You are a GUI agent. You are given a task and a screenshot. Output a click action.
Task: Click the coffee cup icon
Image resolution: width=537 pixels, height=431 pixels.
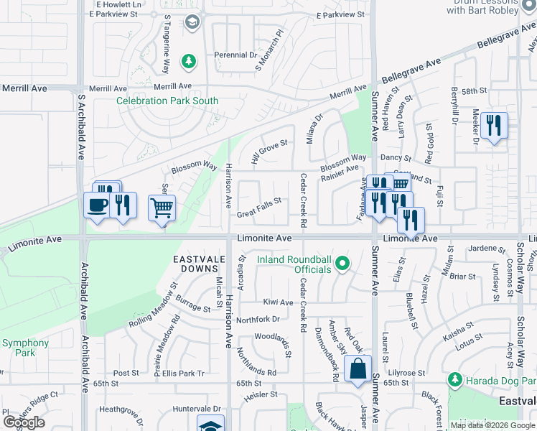[x=97, y=205]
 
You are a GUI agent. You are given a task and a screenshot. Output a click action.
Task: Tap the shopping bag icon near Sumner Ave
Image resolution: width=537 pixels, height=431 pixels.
[x=358, y=369]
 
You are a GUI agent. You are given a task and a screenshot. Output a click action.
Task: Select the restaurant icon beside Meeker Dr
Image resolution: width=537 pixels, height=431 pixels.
[x=494, y=126]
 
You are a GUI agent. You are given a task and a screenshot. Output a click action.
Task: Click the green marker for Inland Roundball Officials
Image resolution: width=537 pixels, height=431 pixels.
[x=342, y=264]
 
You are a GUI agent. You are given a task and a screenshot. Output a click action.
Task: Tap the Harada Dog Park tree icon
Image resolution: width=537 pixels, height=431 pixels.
[x=454, y=379]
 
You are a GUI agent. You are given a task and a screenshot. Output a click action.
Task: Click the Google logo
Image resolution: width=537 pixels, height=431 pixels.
[x=23, y=422]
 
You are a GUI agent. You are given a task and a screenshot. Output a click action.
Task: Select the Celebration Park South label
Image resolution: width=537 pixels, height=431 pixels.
[x=167, y=101]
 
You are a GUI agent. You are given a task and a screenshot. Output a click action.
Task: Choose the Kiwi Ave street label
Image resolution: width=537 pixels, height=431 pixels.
[x=278, y=302]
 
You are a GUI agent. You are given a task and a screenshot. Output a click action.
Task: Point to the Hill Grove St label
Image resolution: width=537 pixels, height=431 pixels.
[x=268, y=151]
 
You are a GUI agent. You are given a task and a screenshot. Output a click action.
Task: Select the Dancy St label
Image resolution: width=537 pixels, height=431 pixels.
[x=396, y=157]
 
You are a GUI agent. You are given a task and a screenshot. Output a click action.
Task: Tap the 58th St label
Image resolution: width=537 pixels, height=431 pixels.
[x=475, y=91]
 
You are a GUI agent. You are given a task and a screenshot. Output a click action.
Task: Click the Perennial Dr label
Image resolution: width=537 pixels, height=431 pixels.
[x=235, y=55]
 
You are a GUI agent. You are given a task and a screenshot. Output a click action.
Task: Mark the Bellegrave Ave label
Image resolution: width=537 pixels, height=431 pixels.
[x=412, y=71]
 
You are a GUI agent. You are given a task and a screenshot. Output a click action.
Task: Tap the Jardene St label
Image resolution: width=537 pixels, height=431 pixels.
[x=488, y=249]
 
